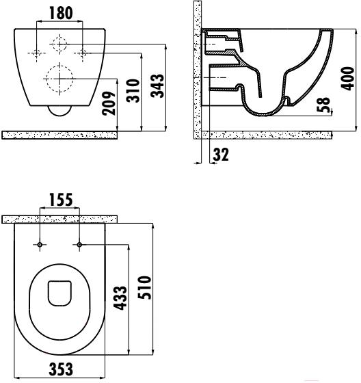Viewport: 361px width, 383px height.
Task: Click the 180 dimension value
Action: (61, 14)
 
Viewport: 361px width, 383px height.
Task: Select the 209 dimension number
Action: (109, 103)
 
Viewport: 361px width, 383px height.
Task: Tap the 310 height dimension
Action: (133, 90)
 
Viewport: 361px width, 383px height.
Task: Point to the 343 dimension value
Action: (157, 85)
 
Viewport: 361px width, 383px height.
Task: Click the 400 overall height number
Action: (347, 79)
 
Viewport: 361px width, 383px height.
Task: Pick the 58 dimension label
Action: (323, 105)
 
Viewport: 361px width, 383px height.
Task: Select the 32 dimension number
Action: (221, 155)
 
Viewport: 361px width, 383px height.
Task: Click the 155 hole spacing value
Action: (61, 200)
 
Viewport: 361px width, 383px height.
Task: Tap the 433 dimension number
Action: (121, 298)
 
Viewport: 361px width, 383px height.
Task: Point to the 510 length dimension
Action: (144, 287)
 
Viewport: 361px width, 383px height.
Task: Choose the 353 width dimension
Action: (61, 369)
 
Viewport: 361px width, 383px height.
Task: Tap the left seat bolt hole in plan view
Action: (40, 245)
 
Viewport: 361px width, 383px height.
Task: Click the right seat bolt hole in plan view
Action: (79, 244)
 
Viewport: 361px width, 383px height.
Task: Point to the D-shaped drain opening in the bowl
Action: (59, 293)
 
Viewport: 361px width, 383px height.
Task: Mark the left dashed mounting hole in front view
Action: (37, 53)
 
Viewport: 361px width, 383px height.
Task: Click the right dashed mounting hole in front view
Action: (83, 53)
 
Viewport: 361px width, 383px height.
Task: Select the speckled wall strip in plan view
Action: (59, 220)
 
